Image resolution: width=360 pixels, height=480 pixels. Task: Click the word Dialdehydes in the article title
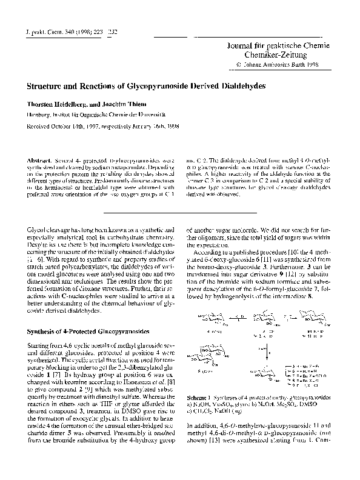click(239, 87)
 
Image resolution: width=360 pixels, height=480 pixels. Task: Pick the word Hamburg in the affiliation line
click(36, 113)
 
